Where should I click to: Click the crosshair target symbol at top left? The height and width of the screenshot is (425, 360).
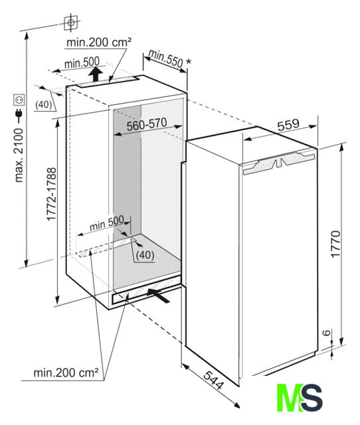pyautogui.click(x=71, y=23)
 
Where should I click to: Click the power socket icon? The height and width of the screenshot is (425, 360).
pyautogui.click(x=19, y=100)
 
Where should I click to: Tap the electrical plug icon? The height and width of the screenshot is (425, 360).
pyautogui.click(x=19, y=116)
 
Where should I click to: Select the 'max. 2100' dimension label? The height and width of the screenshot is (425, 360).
pyautogui.click(x=19, y=155)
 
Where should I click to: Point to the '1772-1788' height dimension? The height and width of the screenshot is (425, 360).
pyautogui.click(x=51, y=194)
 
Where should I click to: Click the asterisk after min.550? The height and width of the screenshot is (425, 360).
pyautogui.click(x=189, y=62)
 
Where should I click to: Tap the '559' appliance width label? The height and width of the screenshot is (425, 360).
pyautogui.click(x=288, y=124)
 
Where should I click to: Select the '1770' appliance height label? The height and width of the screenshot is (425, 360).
pyautogui.click(x=335, y=244)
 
